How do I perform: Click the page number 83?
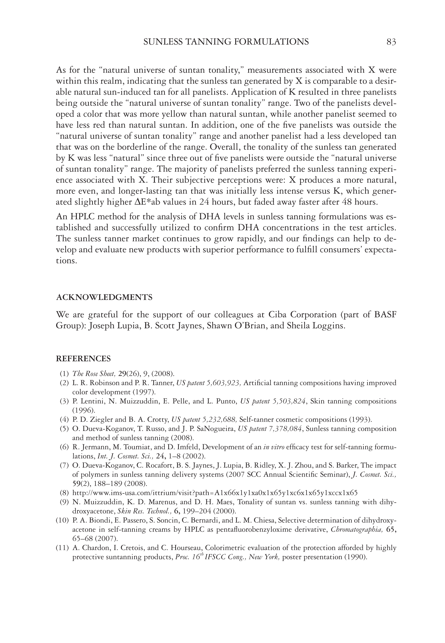point(391,42)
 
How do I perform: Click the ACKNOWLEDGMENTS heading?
point(104,298)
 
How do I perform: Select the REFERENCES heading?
point(83,359)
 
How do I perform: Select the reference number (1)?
point(64,374)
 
